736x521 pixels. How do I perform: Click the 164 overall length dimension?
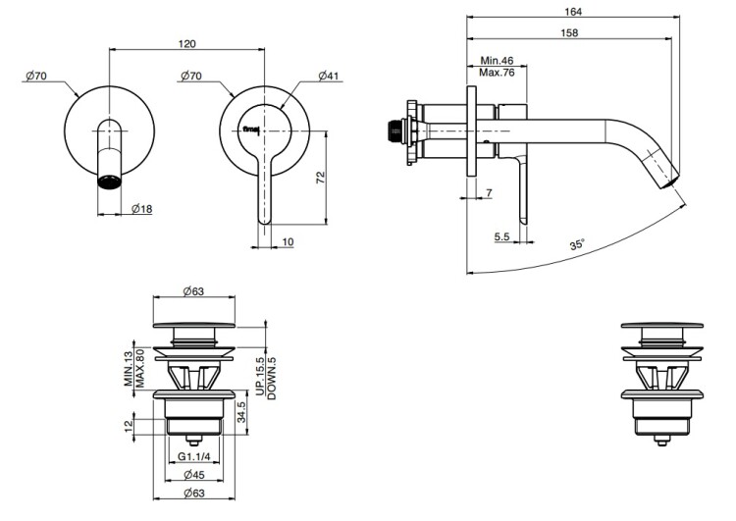click(574, 12)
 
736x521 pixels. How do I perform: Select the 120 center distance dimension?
click(189, 43)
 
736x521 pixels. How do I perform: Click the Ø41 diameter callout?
click(328, 76)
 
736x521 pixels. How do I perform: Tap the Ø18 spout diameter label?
click(141, 209)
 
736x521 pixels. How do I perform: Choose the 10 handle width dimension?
click(288, 241)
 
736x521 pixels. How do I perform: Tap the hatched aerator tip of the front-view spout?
click(111, 182)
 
